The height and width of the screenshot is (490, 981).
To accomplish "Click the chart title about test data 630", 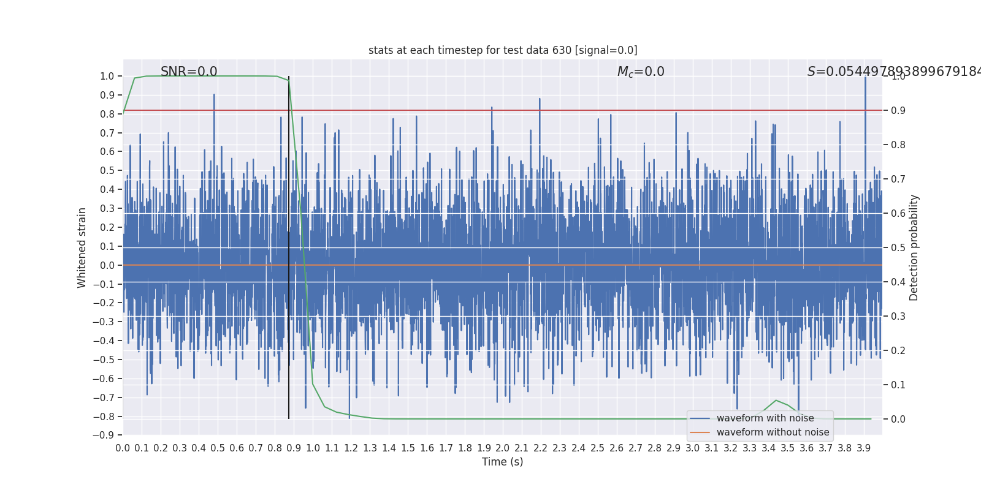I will point(503,50).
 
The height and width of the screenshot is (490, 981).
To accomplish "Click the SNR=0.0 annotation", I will point(189,72).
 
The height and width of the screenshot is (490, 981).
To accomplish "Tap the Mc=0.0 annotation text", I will point(641,72).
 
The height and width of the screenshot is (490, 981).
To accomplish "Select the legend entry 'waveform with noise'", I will point(765,418).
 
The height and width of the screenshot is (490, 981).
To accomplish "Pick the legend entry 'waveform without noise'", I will point(773,432).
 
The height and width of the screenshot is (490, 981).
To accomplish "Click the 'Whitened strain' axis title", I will point(82,247).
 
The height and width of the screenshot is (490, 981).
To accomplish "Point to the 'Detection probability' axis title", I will point(914,247).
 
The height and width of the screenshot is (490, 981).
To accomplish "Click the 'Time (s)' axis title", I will point(503,462).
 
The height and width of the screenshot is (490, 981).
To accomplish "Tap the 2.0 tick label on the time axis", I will point(503,448).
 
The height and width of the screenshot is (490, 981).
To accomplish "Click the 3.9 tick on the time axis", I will point(864,448).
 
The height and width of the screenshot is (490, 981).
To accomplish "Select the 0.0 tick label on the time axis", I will point(123,448).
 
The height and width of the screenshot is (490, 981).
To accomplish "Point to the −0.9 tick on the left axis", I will point(104,435).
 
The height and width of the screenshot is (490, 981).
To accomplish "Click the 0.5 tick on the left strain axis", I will point(107,171).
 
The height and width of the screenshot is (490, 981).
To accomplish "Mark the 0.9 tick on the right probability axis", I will point(898,111).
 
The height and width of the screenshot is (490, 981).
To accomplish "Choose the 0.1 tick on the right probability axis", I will point(898,385).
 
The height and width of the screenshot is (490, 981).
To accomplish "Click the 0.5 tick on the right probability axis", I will point(898,248).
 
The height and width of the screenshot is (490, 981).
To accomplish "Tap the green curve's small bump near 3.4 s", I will point(776,401).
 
